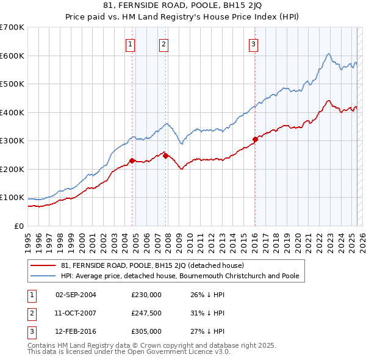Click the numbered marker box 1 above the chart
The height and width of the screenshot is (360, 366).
[x=131, y=43]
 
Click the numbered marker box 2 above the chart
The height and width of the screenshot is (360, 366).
[x=164, y=43]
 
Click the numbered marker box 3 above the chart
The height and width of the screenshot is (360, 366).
[x=253, y=43]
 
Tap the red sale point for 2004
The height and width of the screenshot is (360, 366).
[x=132, y=160]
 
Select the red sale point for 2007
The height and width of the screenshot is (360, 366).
[x=165, y=156]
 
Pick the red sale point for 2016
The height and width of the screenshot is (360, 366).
[x=255, y=139]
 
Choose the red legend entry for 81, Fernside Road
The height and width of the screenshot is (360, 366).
[x=152, y=265]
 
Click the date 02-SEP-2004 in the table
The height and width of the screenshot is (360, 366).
[x=76, y=295]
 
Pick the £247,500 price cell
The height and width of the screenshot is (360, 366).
[x=146, y=313]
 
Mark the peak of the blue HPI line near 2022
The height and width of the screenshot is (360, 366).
[x=328, y=54]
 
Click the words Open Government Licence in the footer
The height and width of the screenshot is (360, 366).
[x=184, y=352]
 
